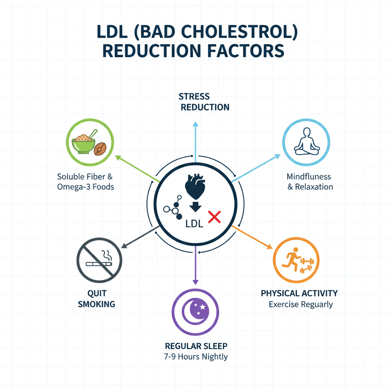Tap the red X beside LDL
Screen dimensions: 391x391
214,217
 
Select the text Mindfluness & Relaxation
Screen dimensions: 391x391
309,182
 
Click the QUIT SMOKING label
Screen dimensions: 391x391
96,299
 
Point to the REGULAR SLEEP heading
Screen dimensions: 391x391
196,346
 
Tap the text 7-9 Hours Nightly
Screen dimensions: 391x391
196,357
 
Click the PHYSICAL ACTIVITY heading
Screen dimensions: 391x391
299,293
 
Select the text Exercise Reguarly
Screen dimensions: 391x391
301,305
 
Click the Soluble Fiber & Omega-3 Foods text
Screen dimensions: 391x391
86,182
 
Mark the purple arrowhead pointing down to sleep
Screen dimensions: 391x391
195,282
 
